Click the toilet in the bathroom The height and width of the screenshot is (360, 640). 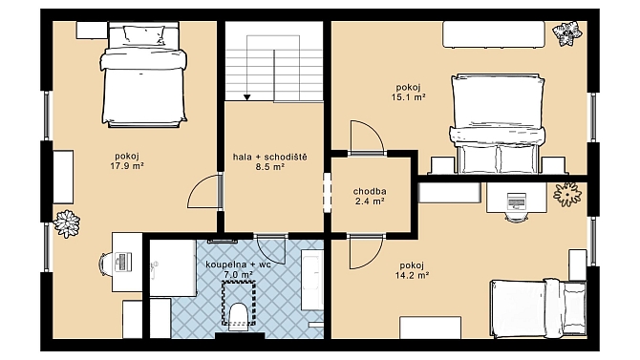tap(238, 317)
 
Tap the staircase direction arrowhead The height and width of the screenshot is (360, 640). tap(247, 97)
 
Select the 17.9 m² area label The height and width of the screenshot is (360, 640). tap(127, 166)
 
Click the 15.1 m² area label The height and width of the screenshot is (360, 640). tap(408, 97)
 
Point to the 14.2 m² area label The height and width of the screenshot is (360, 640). tap(412, 275)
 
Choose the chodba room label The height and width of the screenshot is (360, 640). tap(370, 191)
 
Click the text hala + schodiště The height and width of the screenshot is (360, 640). tap(269, 157)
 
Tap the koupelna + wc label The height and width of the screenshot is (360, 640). tap(238, 265)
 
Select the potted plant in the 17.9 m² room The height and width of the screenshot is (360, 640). tap(67, 223)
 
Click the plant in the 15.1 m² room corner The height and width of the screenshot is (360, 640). tap(567, 32)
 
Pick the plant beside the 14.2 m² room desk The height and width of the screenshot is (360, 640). tap(567, 194)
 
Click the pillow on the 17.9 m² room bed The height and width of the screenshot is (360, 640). tap(144, 35)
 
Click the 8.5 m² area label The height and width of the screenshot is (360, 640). tap(269, 166)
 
